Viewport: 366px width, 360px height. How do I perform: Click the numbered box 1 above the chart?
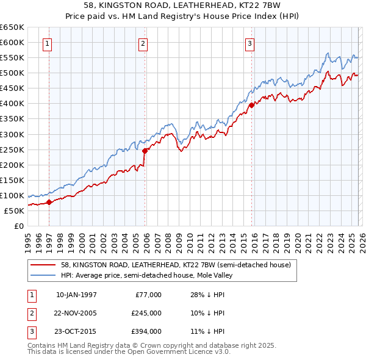pyautogui.click(x=48, y=43)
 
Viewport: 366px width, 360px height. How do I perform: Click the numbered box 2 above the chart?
pyautogui.click(x=143, y=43)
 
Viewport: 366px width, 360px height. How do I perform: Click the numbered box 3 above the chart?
pyautogui.click(x=250, y=43)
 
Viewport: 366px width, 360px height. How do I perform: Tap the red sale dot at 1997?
pyautogui.click(x=49, y=203)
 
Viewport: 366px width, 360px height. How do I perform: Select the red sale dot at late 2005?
pyautogui.click(x=145, y=151)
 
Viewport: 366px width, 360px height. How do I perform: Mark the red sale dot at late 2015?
pyautogui.click(x=251, y=105)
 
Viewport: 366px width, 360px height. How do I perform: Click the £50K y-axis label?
pyautogui.click(x=14, y=211)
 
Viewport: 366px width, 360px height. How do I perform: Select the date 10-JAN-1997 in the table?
pyautogui.click(x=76, y=295)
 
